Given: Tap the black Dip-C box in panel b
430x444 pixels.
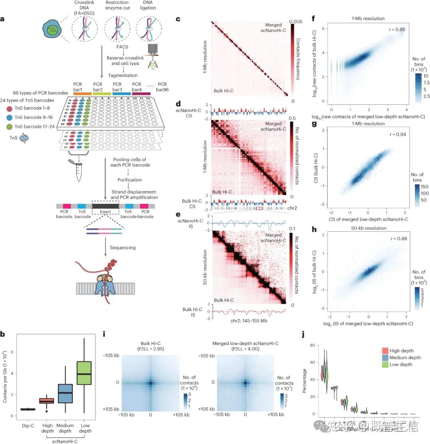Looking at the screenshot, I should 27,409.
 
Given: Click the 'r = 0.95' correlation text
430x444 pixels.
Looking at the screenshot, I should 397,30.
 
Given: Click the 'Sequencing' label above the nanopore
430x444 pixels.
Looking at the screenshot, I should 122,247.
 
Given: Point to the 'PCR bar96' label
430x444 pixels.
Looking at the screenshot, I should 162,87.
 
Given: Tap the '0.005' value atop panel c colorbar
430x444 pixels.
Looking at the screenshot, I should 298,22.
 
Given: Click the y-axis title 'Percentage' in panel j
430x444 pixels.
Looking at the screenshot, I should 305,379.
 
